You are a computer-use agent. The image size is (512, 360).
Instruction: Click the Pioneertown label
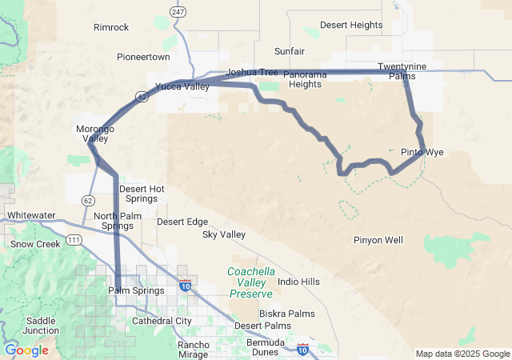(143, 58)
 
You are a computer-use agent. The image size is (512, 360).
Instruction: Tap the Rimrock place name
(110, 27)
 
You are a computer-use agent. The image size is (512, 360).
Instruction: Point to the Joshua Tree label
(252, 72)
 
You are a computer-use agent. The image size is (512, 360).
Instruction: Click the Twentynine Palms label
(401, 71)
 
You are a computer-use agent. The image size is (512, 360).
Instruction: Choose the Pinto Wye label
(422, 152)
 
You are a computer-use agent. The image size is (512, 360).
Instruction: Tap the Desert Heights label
(350, 25)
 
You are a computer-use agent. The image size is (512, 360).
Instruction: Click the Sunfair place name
(289, 51)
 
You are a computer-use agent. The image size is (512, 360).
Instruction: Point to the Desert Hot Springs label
(142, 194)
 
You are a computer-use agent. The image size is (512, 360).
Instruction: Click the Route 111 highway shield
(73, 240)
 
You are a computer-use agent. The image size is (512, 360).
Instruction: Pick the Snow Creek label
(35, 244)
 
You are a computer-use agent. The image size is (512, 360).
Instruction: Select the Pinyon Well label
(378, 240)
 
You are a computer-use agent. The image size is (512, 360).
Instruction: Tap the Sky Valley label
(223, 234)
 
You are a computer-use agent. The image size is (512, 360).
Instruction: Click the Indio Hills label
(298, 282)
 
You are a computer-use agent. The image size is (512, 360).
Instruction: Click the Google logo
(26, 350)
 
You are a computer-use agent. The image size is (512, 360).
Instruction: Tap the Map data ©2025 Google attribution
(462, 354)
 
